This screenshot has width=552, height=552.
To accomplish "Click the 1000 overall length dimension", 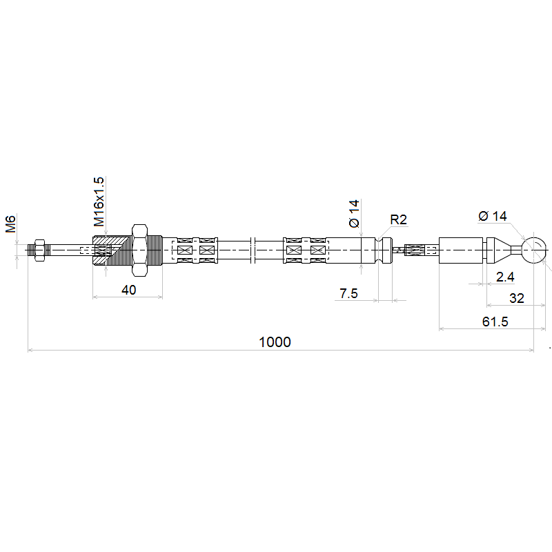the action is click(275, 342).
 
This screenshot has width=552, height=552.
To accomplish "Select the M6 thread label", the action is click(10, 224).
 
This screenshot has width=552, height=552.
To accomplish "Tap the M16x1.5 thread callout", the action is click(99, 201).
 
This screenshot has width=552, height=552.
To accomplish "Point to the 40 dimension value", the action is click(128, 290).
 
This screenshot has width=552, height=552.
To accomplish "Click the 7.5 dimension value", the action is click(348, 293).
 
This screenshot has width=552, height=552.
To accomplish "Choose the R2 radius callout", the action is click(399, 219).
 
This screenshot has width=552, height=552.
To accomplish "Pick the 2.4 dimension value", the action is click(505, 277).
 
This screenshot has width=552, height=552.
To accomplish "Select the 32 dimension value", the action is click(517, 299).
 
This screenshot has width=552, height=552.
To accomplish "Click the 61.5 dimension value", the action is click(495, 322).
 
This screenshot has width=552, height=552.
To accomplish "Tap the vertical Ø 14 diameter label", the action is click(354, 213).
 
